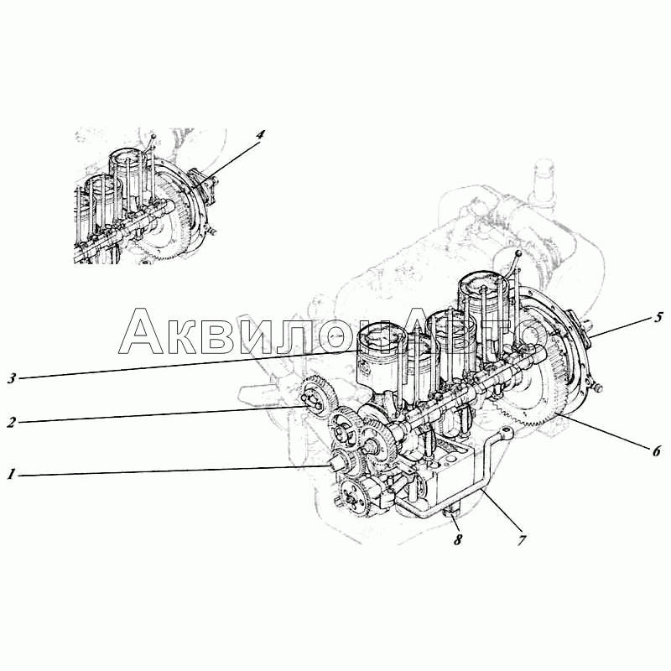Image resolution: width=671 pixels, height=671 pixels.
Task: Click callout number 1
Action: [x=11, y=474]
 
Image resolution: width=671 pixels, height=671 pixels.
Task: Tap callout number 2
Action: [x=12, y=423]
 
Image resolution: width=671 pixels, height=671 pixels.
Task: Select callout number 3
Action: [x=12, y=378]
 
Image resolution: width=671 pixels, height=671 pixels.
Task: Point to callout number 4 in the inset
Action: [x=260, y=134]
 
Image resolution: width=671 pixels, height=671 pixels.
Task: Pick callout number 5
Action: [x=658, y=317]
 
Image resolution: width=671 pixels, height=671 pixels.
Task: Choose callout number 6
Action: [x=657, y=451]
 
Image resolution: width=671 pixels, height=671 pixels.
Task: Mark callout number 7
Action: [x=521, y=540]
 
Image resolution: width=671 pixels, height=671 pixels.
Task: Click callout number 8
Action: [x=458, y=540]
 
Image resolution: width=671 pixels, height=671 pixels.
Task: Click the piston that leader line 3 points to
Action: [x=381, y=356]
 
